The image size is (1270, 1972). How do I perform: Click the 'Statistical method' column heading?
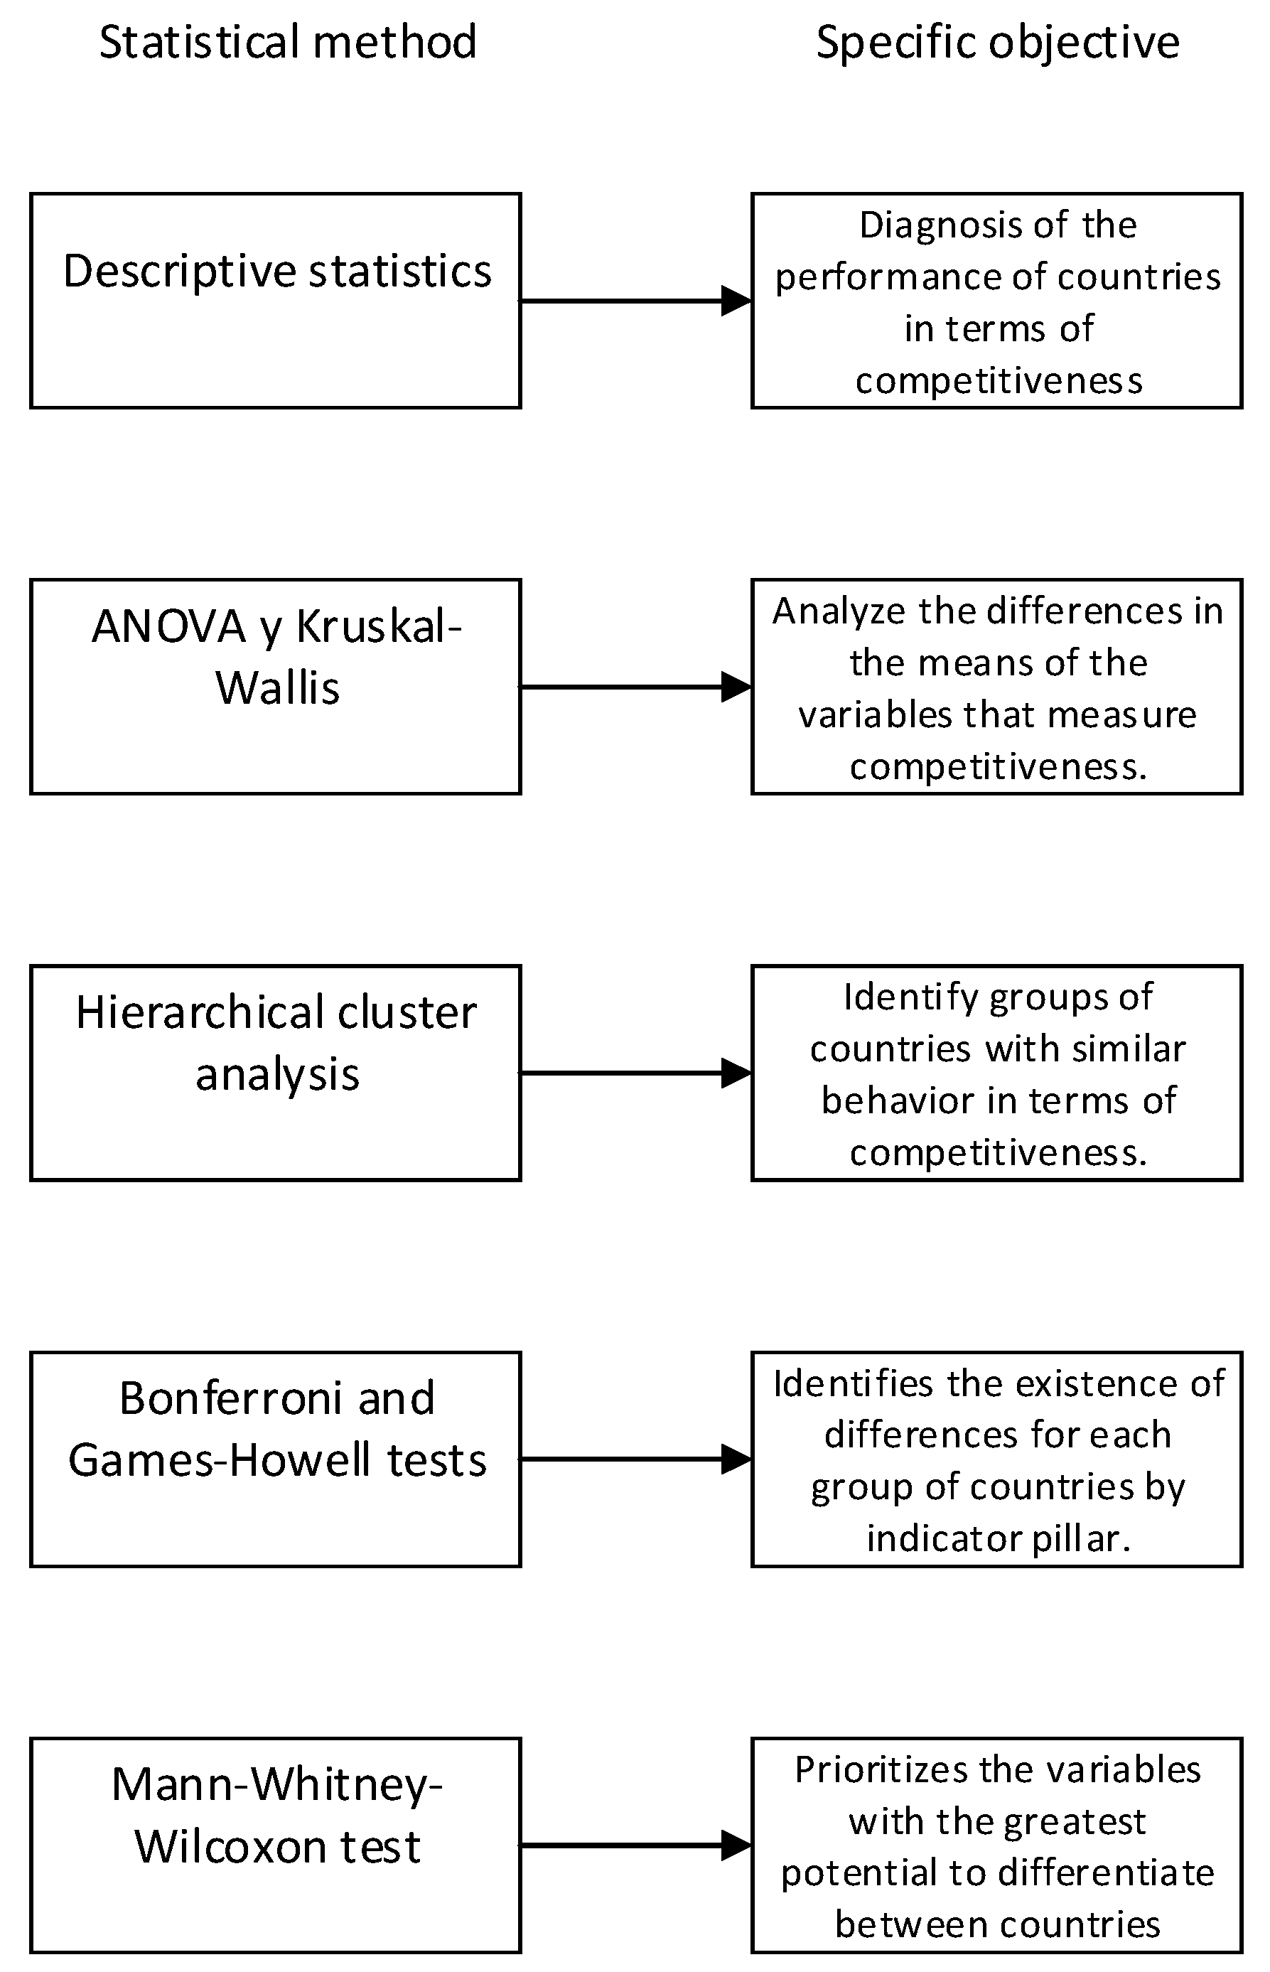click(288, 42)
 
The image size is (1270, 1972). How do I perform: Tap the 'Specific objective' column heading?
click(997, 42)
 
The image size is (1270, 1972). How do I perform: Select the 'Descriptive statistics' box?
click(276, 301)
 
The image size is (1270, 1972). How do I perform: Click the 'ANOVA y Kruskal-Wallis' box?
click(276, 687)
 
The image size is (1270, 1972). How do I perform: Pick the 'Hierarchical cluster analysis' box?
click(276, 1073)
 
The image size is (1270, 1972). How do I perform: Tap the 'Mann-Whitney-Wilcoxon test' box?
click(276, 1845)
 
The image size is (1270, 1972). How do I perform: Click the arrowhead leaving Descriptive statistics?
click(736, 301)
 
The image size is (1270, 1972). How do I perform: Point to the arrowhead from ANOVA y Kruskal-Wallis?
click(736, 687)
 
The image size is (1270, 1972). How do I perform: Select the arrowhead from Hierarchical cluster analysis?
click(736, 1073)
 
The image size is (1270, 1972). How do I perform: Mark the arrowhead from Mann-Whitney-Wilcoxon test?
click(736, 1845)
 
